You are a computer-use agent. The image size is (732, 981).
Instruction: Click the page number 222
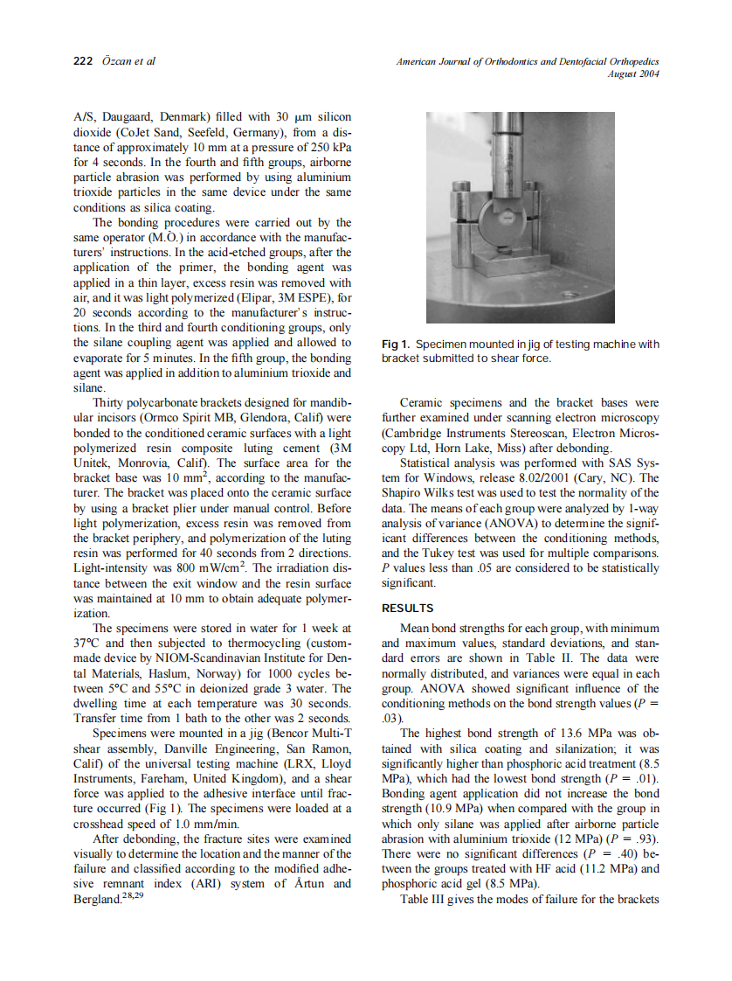pyautogui.click(x=83, y=61)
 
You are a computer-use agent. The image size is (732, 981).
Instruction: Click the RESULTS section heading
pyautogui.click(x=408, y=608)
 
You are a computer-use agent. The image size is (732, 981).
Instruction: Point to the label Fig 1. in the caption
pyautogui.click(x=396, y=344)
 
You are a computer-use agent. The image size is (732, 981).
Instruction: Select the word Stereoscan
pyautogui.click(x=532, y=433)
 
